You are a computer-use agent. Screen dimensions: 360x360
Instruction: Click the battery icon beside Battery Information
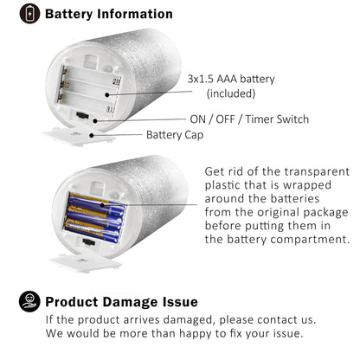(29, 14)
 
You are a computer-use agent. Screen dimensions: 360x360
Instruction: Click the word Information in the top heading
(135, 14)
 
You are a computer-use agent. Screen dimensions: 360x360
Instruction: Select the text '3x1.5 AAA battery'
(231, 79)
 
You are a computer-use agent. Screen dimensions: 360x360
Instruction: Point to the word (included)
(231, 93)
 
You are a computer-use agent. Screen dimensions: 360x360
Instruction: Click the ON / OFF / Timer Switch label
(249, 119)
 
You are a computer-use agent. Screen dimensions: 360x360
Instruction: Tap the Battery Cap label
(175, 135)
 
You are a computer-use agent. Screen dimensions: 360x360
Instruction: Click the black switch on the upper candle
(82, 115)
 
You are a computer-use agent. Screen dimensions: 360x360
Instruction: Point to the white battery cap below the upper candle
(79, 137)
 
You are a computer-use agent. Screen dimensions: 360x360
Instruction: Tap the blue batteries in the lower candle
(94, 217)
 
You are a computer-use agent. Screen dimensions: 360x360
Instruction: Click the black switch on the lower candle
(89, 241)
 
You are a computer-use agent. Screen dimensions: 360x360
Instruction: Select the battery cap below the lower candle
(86, 262)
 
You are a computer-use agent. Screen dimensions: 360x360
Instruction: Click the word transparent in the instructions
(317, 171)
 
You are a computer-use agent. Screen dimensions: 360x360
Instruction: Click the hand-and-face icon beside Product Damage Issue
(29, 301)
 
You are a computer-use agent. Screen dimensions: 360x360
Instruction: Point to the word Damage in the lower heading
(131, 302)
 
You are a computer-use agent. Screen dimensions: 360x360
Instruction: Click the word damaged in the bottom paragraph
(189, 320)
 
